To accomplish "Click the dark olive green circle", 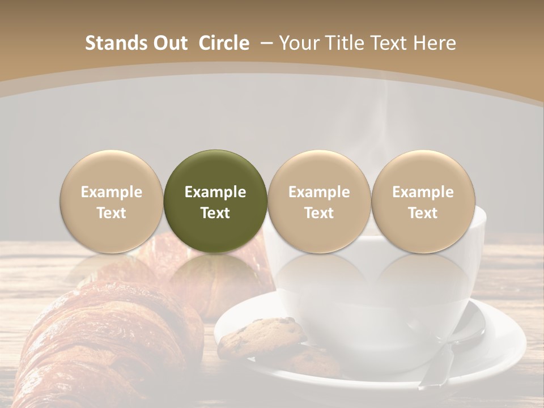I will pos(215,201).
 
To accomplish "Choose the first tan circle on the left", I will pos(112,201).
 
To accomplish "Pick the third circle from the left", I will pos(319,201).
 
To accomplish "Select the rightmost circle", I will pos(423,201).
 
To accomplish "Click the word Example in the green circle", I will pos(215,192).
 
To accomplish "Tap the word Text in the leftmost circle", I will pos(112,213).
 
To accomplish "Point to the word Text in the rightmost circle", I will pos(423,213).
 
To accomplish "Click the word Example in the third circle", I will pos(319,192).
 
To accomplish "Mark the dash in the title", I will pos(265,43).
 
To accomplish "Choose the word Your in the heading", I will pos(297,43).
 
